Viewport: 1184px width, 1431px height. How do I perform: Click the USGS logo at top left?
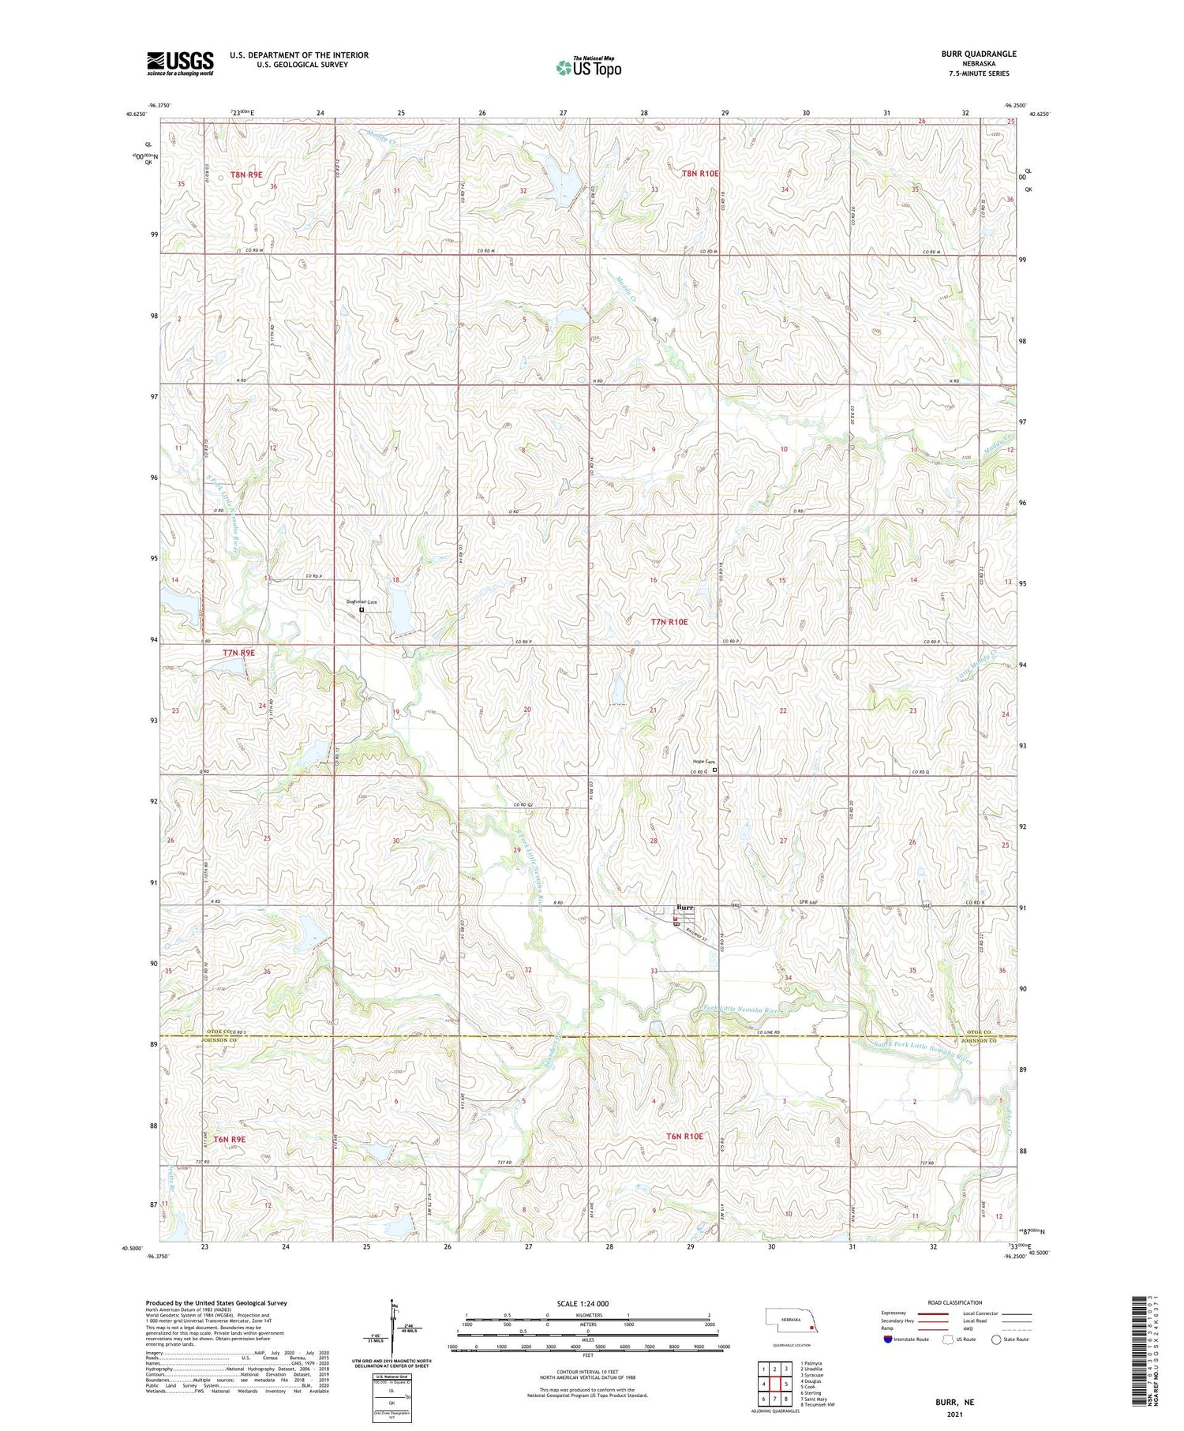click(180, 63)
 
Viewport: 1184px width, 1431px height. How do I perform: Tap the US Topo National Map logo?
click(588, 67)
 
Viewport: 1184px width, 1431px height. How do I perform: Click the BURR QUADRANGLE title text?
click(978, 54)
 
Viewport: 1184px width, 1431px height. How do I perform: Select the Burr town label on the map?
click(684, 908)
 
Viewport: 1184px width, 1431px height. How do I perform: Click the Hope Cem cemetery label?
click(703, 761)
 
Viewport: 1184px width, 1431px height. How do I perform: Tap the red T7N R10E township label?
click(669, 622)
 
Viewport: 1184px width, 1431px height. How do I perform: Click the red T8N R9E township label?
click(246, 174)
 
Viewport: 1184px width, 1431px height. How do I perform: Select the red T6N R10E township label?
click(684, 1136)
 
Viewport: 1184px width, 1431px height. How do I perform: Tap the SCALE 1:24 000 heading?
click(588, 1303)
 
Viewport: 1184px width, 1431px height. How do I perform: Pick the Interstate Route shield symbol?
click(888, 1339)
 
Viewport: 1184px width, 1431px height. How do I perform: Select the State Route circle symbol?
click(996, 1339)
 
